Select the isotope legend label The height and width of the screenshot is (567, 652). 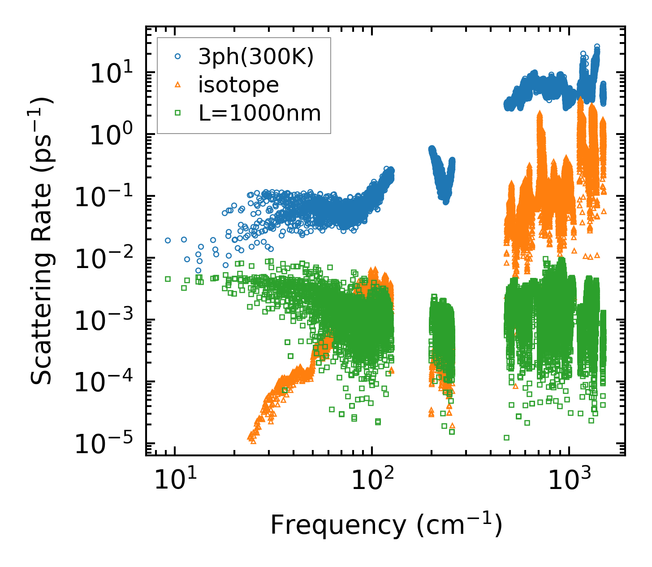[x=238, y=85]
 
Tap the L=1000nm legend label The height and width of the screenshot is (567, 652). [x=260, y=113]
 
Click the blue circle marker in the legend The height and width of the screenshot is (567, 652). [x=177, y=57]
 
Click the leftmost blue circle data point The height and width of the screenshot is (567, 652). [x=168, y=240]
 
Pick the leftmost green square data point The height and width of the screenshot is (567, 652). [x=168, y=279]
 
